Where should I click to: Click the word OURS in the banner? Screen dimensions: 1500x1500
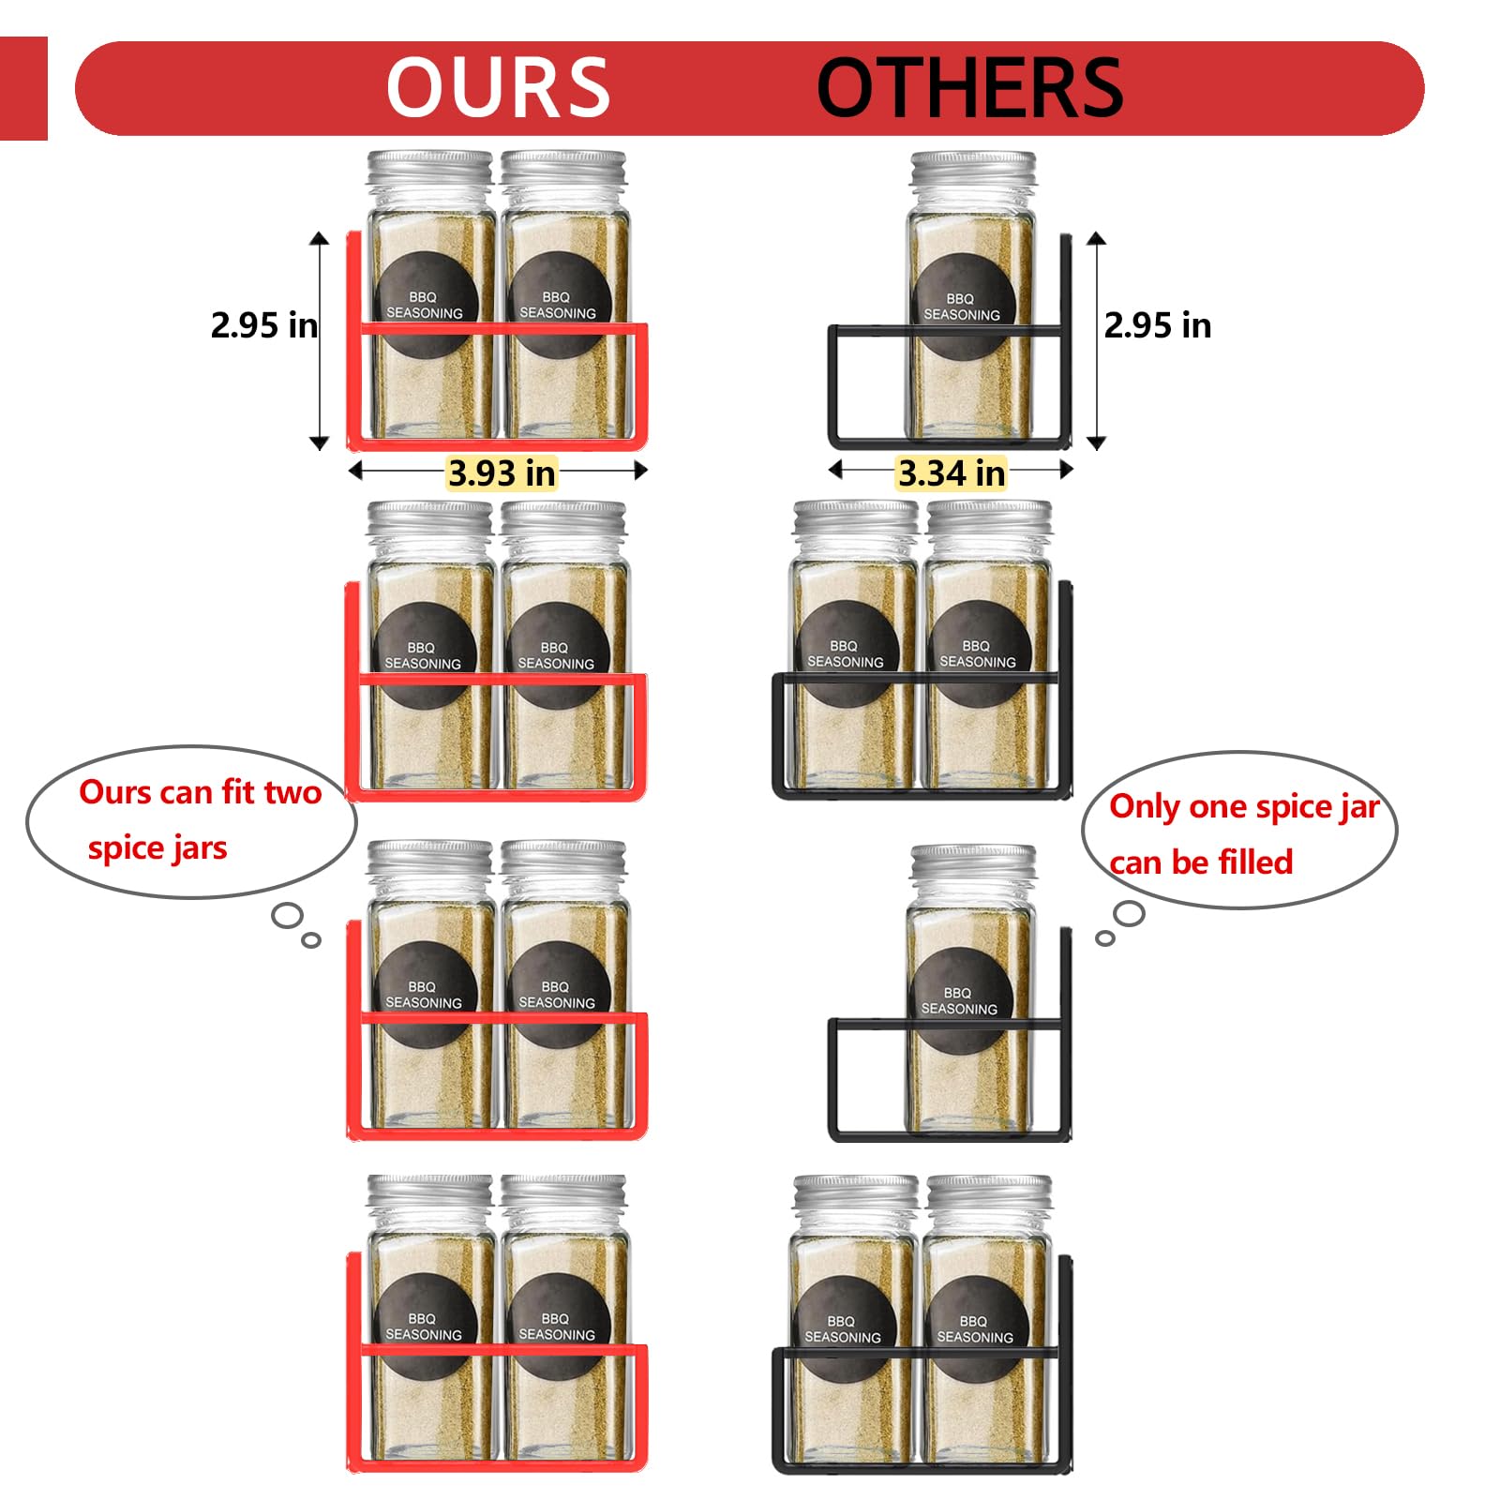(498, 87)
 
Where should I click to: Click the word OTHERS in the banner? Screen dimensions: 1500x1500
(969, 87)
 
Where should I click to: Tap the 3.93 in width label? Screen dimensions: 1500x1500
(502, 473)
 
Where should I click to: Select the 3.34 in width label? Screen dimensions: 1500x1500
(951, 473)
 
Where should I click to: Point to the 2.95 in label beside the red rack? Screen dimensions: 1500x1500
(263, 325)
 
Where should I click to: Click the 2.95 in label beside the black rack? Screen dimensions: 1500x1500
(1158, 325)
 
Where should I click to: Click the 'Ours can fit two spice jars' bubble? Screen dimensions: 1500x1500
(191, 821)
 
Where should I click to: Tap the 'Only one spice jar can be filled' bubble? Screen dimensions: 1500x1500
(1239, 830)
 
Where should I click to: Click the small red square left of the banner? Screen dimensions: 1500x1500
(23, 88)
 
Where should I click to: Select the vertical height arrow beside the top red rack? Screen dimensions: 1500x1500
(320, 340)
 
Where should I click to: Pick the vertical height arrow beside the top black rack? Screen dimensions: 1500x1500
(1097, 340)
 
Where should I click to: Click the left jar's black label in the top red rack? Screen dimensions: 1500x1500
(427, 304)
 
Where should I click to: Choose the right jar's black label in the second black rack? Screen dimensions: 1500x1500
(979, 652)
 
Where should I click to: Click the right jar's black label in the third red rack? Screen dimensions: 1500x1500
(559, 994)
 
